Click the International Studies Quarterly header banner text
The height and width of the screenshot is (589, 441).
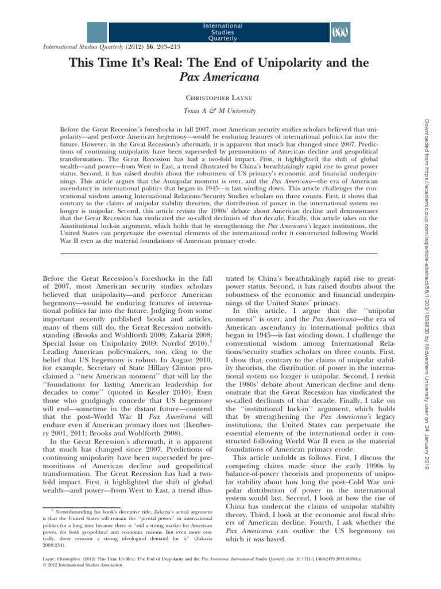[222, 33]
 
